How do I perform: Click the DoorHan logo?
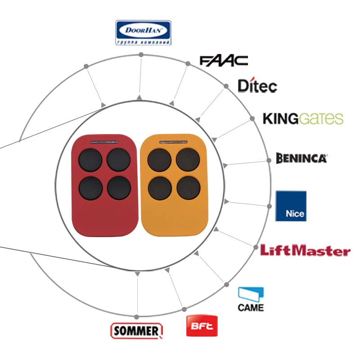(143, 32)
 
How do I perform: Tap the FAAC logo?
(224, 61)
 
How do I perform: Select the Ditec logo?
(257, 85)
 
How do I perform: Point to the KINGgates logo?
(303, 118)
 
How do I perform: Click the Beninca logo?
(301, 158)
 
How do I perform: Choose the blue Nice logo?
(291, 206)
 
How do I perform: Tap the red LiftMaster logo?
(306, 250)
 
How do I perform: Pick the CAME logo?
(251, 299)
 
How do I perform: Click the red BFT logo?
(202, 326)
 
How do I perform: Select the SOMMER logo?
(137, 331)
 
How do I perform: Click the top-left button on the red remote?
(90, 160)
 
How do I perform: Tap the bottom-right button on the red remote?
(119, 188)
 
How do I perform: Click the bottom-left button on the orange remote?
(160, 188)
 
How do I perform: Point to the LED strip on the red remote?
(104, 143)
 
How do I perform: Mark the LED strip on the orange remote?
(173, 142)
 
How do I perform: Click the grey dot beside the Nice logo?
(269, 207)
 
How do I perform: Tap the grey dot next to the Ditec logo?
(226, 86)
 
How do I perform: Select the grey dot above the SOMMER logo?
(137, 317)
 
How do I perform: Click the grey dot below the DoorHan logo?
(141, 54)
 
